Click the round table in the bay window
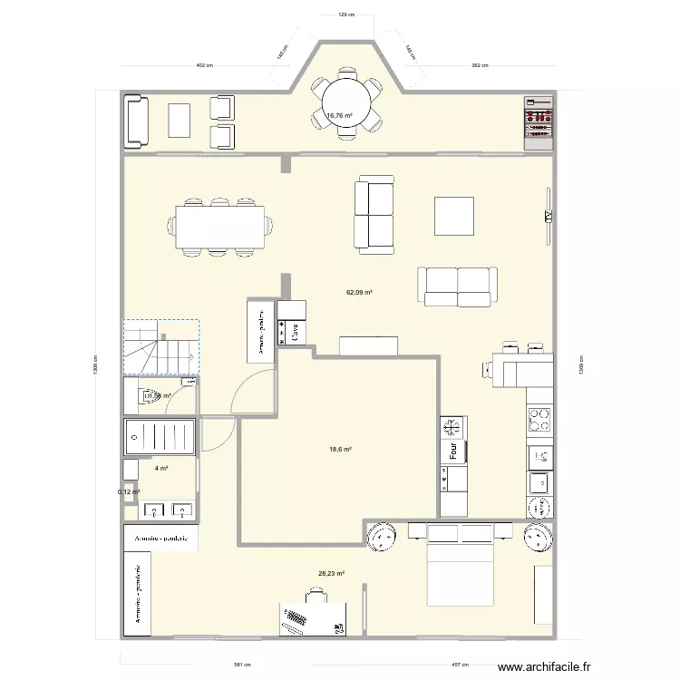pyautogui.click(x=345, y=102)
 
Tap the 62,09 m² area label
pyautogui.click(x=360, y=293)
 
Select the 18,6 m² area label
pyautogui.click(x=340, y=449)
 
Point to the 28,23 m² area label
pyautogui.click(x=331, y=573)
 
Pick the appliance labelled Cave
pyautogui.click(x=294, y=334)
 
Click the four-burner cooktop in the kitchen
pyautogui.click(x=540, y=418)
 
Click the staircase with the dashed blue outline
pyautogui.click(x=160, y=347)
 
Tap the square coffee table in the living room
pyautogui.click(x=454, y=216)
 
